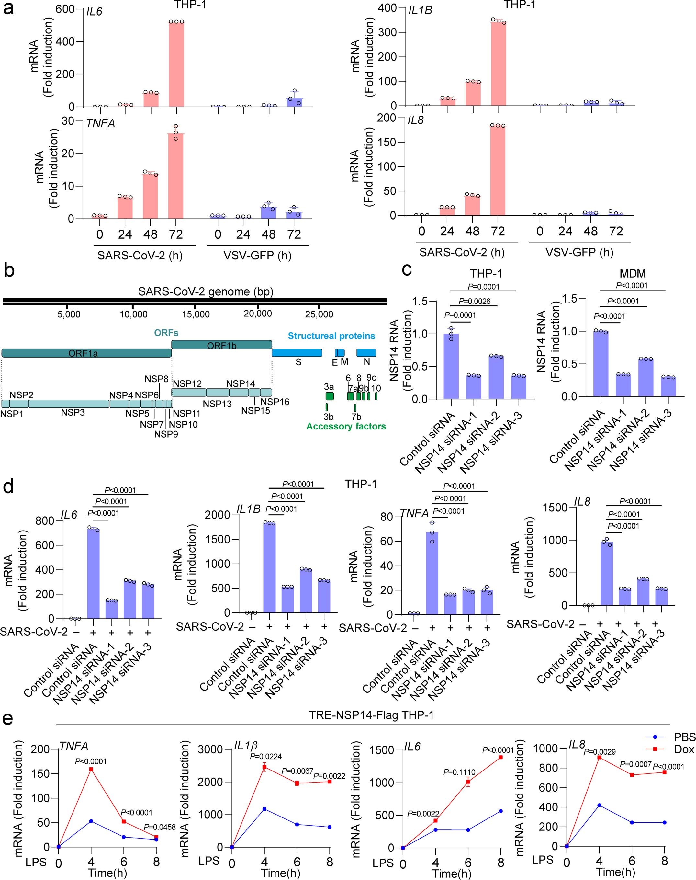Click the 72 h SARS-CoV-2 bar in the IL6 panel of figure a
coord(176,65)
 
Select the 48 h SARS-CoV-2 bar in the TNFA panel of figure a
coord(150,197)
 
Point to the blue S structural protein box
coord(297,353)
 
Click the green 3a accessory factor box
coord(329,396)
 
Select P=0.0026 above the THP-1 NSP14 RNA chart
coord(474,301)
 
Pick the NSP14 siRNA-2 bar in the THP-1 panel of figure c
coord(496,377)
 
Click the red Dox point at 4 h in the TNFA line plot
coord(91,769)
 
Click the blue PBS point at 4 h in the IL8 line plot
coord(599,805)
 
